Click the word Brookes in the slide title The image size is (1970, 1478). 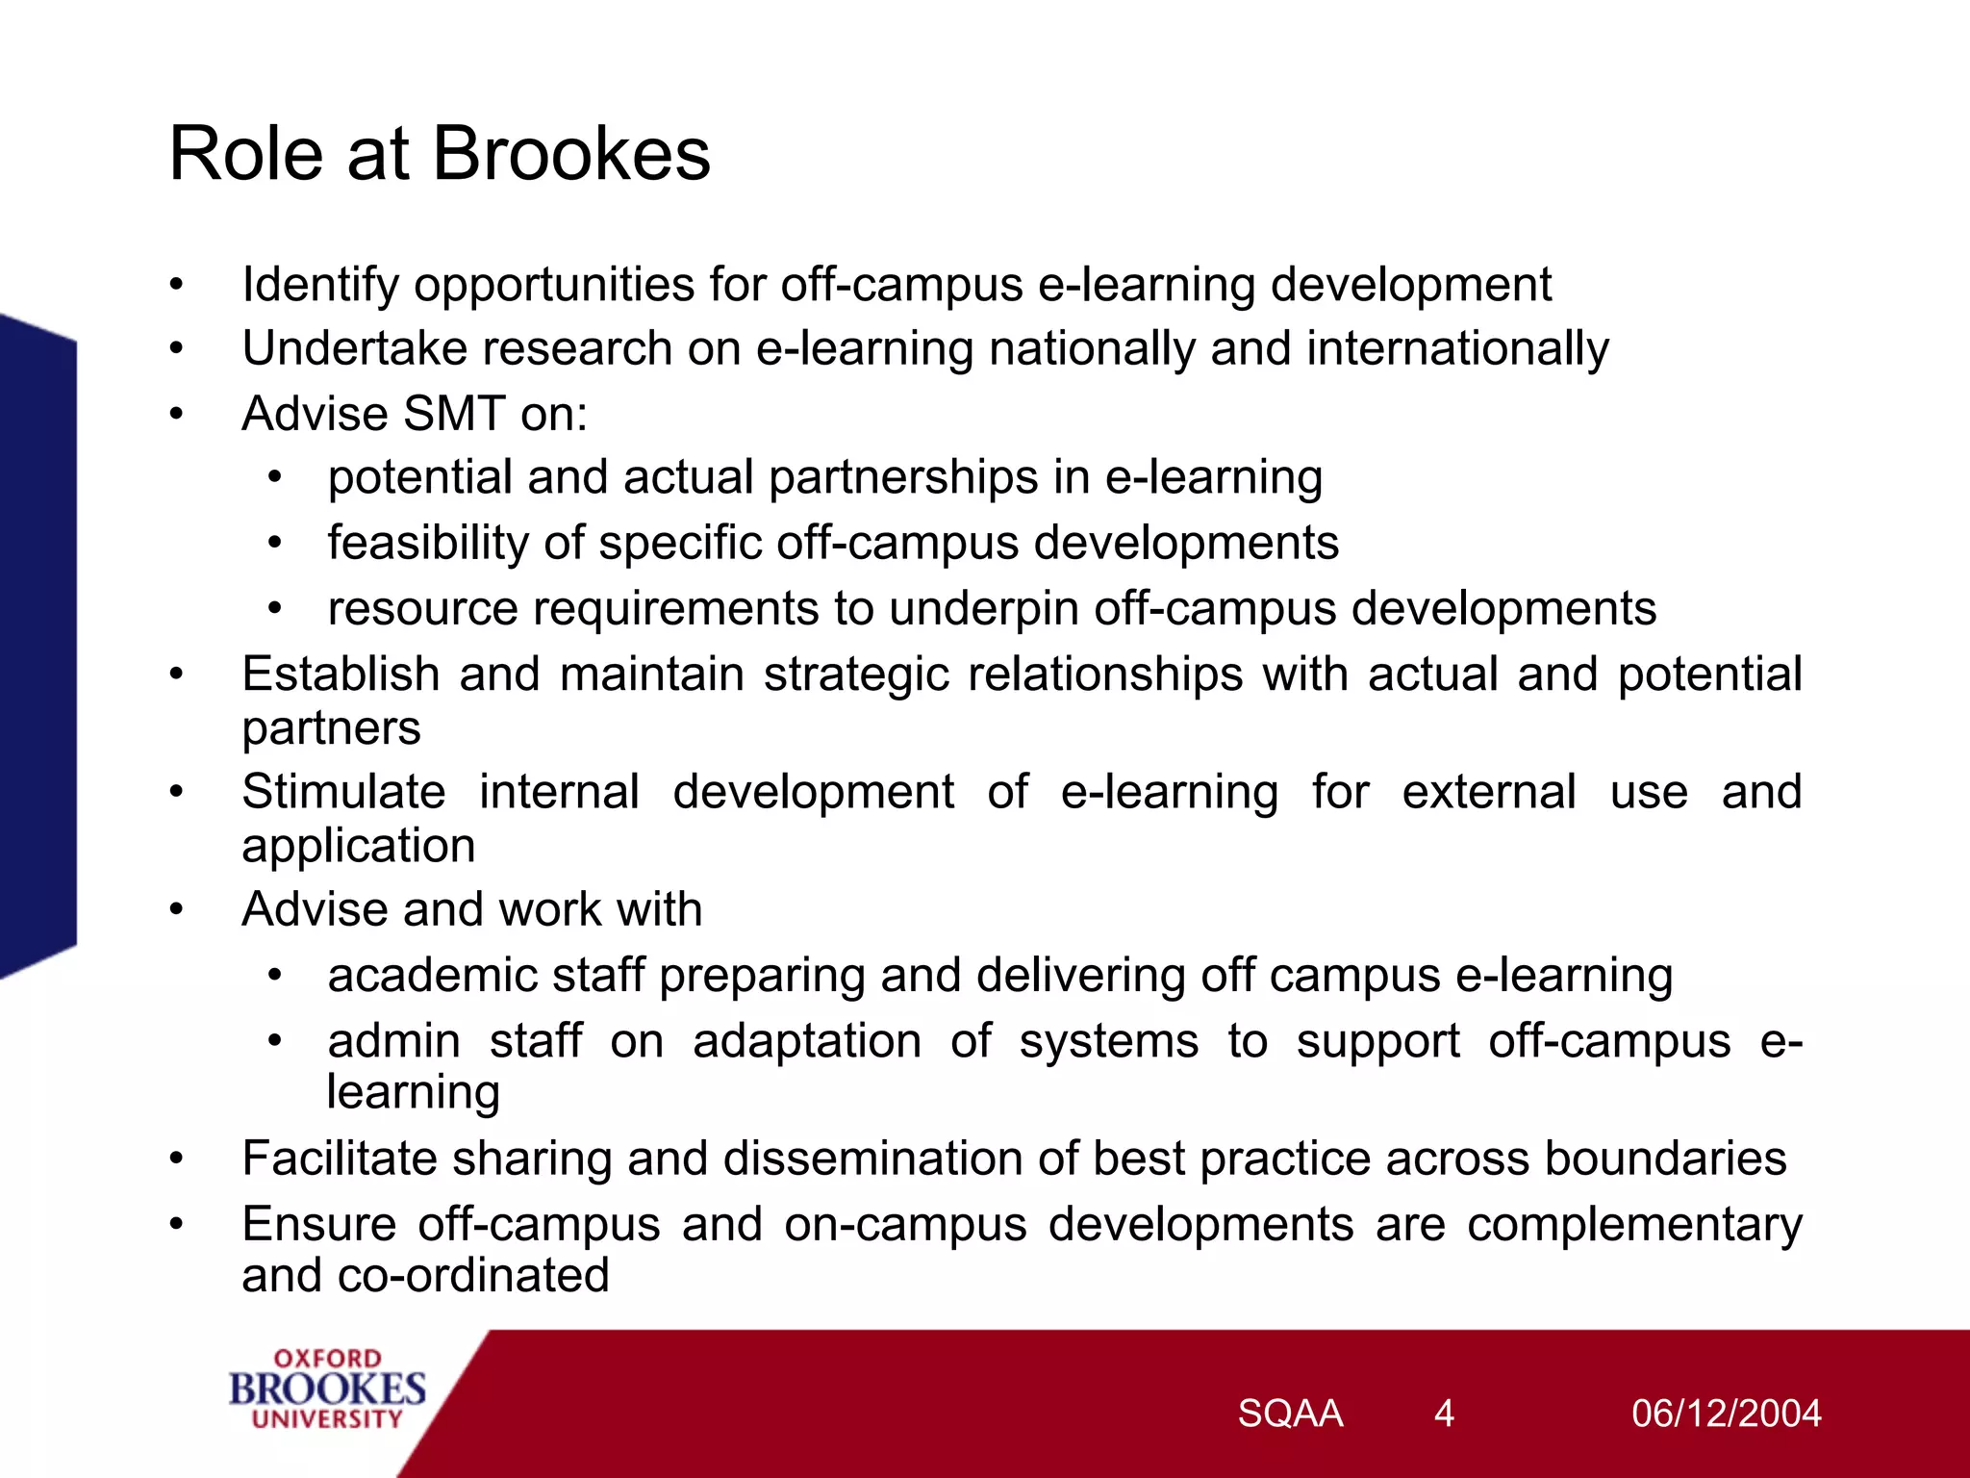click(571, 154)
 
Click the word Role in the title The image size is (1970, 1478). click(245, 154)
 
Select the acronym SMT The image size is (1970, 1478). click(454, 414)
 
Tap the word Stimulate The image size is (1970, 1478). click(343, 792)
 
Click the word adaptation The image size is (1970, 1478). click(807, 1042)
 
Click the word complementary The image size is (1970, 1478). click(1634, 1226)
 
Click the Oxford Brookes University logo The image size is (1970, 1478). click(327, 1389)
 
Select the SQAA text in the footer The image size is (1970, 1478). click(1290, 1414)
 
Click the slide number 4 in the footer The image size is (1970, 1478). click(1443, 1414)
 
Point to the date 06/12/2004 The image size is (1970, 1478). click(1726, 1414)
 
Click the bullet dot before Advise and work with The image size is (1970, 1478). click(176, 909)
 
